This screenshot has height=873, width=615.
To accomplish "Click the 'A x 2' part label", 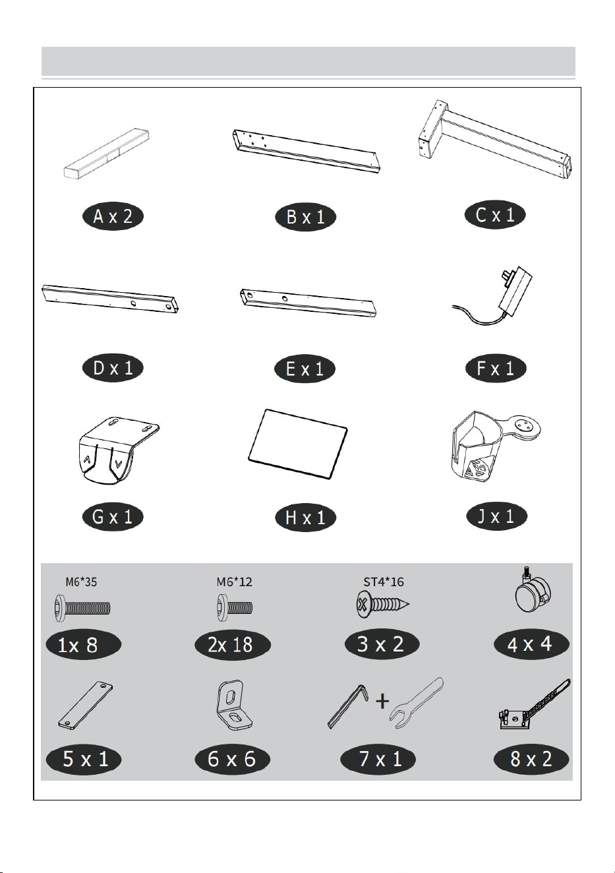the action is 113,216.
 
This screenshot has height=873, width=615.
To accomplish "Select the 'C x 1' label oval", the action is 495,214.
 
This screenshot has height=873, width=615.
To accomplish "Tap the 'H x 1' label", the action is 306,518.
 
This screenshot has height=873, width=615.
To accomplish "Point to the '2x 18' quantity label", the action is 233,645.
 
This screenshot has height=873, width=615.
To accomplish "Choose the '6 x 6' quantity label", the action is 233,759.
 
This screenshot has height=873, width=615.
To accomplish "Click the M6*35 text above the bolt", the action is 81,582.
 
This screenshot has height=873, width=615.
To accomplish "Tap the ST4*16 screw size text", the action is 384,582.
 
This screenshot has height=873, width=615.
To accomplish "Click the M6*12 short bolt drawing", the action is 235,607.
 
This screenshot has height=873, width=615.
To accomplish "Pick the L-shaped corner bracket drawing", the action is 233,706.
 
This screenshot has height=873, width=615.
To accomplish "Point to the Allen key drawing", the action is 347,707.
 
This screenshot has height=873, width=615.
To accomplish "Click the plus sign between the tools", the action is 382,701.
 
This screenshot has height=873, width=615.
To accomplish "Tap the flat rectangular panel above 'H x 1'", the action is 298,444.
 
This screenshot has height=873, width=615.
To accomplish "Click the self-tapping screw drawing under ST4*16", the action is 382,605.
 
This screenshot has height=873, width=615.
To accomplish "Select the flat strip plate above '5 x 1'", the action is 86,706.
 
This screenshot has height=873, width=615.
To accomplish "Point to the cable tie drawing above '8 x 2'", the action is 534,705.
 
